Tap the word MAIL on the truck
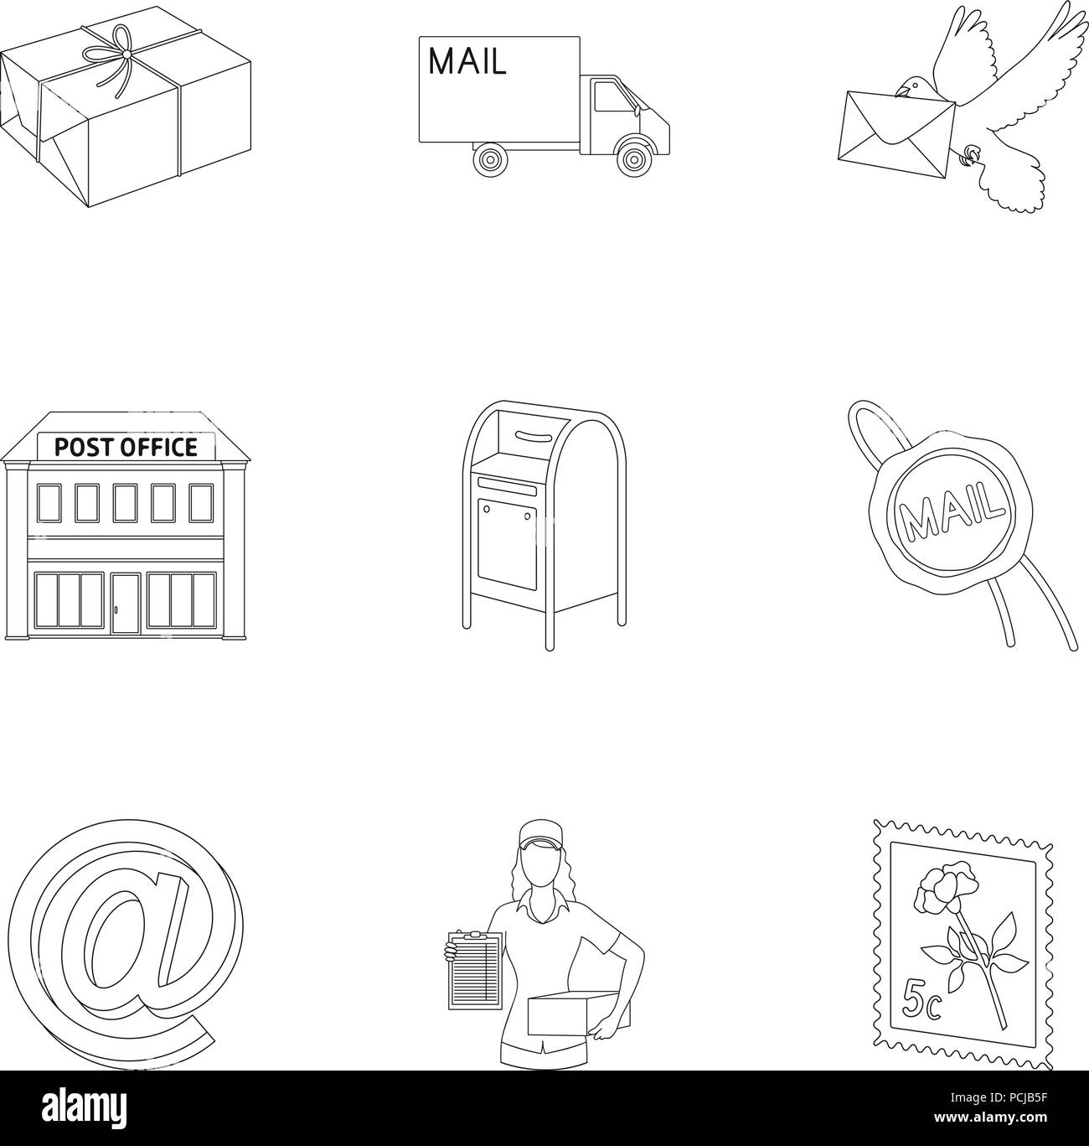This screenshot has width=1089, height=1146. point(467,62)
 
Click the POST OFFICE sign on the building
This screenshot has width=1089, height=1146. point(126,446)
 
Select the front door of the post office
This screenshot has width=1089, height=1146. point(126,604)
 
